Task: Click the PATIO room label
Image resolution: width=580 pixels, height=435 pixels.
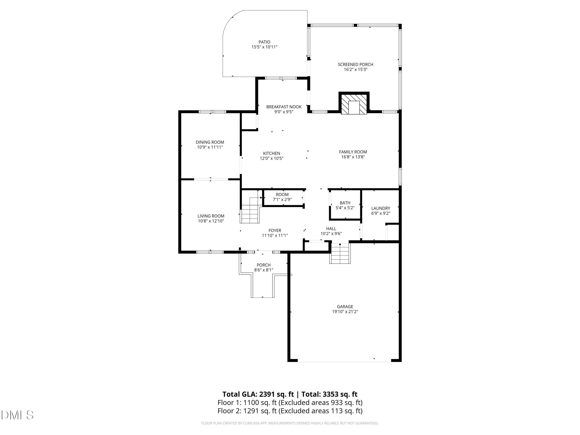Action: (x=264, y=42)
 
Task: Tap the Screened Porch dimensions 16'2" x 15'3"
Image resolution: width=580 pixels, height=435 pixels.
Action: (x=355, y=69)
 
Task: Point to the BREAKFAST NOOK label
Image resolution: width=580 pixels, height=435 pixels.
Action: (x=284, y=107)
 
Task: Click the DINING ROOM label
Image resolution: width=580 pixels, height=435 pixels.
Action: (x=210, y=142)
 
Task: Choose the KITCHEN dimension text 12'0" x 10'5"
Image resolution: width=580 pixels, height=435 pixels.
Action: (x=271, y=158)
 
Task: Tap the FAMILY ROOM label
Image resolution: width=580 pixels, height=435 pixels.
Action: (x=353, y=152)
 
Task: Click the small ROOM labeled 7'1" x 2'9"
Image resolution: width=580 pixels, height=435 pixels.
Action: (x=282, y=197)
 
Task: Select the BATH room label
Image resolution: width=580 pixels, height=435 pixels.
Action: (x=345, y=203)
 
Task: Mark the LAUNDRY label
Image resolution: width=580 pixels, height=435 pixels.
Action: (x=380, y=208)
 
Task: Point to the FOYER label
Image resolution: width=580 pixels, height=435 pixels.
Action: (x=275, y=230)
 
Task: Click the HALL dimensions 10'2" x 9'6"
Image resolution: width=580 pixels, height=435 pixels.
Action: (x=331, y=234)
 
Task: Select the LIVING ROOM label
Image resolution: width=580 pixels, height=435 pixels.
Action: (x=211, y=216)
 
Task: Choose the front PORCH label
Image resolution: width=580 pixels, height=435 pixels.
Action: (x=263, y=265)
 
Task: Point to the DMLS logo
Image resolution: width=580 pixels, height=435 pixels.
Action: (x=17, y=415)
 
